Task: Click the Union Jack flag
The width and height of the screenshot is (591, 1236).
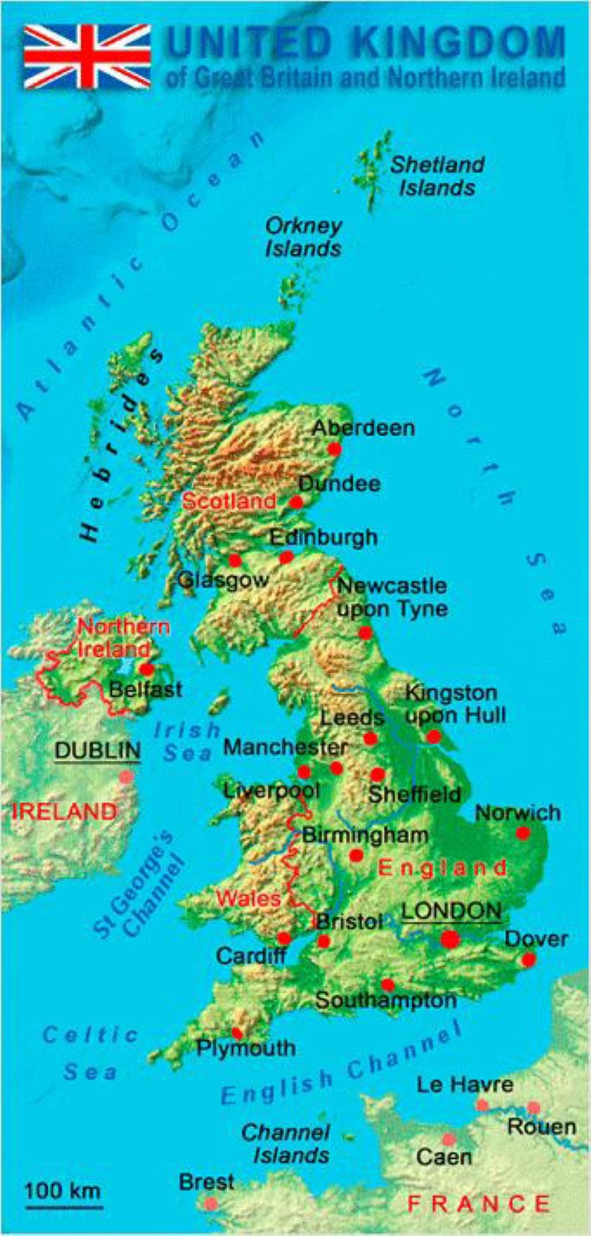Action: click(87, 56)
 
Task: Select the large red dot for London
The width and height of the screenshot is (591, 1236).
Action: click(450, 939)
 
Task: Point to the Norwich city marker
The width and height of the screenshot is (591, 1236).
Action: click(523, 832)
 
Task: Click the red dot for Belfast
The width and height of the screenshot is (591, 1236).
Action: click(147, 668)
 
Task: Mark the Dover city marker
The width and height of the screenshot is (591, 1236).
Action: click(528, 960)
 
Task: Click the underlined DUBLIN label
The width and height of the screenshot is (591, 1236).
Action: click(97, 751)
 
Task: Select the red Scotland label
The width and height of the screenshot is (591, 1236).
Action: click(229, 501)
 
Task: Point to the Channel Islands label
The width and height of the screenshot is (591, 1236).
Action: click(285, 1143)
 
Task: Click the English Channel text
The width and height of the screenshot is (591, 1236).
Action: click(342, 1066)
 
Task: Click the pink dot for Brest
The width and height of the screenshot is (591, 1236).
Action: click(210, 1203)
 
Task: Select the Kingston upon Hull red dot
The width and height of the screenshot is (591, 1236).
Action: click(433, 736)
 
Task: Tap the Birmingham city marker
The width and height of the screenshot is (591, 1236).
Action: click(356, 855)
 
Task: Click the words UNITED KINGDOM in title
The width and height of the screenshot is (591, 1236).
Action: click(366, 43)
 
